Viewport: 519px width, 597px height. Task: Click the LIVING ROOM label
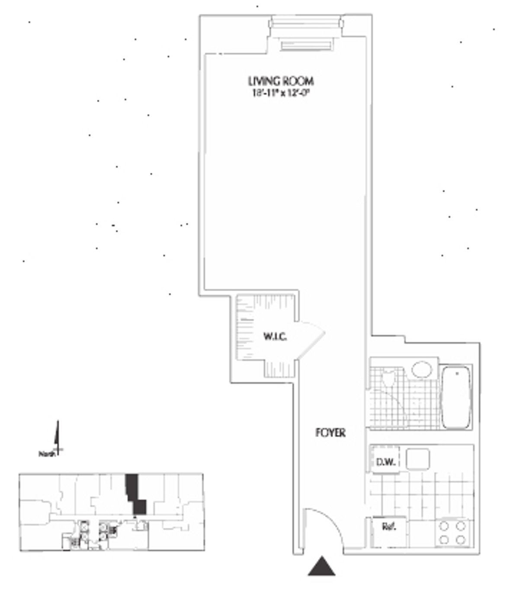pyautogui.click(x=280, y=81)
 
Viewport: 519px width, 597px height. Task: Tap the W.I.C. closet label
pyautogui.click(x=275, y=337)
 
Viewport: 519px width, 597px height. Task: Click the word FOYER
pyautogui.click(x=330, y=432)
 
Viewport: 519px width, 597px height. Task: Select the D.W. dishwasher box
pyautogui.click(x=385, y=461)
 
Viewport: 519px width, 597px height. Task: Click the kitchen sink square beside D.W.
pyautogui.click(x=418, y=459)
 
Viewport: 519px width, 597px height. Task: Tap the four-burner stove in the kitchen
pyautogui.click(x=452, y=533)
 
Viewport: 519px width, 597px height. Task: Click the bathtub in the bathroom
pyautogui.click(x=456, y=397)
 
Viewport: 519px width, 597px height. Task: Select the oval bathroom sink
pyautogui.click(x=422, y=370)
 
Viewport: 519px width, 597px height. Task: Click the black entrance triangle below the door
pyautogui.click(x=321, y=567)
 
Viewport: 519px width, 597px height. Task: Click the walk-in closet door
pyautogui.click(x=311, y=339)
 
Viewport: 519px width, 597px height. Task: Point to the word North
pyautogui.click(x=47, y=454)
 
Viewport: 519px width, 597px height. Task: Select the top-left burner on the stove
pyautogui.click(x=444, y=526)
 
